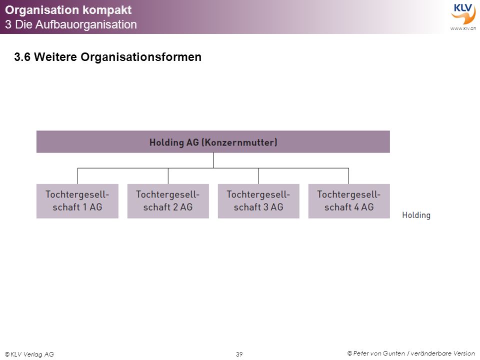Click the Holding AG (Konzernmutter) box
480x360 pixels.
click(213, 141)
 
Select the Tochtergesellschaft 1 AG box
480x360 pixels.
click(77, 201)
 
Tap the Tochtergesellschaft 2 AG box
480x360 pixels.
click(168, 201)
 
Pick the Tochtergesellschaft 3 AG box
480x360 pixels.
click(258, 201)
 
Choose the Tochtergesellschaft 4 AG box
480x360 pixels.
click(349, 201)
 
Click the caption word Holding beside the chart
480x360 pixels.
click(416, 215)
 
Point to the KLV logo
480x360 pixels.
click(463, 14)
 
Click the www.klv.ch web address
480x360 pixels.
click(463, 28)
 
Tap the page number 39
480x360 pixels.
click(239, 354)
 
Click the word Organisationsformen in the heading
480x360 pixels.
click(141, 57)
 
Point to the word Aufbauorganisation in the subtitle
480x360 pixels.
click(86, 24)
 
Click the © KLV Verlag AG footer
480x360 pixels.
click(29, 354)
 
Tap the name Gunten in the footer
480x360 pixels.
click(393, 353)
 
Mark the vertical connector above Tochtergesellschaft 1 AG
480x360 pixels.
click(78, 176)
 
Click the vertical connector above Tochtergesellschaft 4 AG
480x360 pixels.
click(348, 176)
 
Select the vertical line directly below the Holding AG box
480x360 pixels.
click(213, 160)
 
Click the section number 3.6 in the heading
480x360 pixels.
click(22, 57)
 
